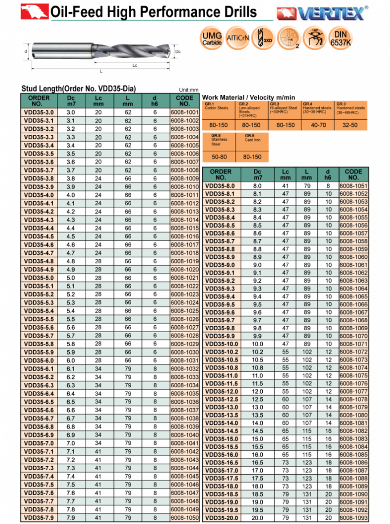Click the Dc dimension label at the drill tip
click(178, 51)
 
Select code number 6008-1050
click(185, 517)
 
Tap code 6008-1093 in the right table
click(353, 518)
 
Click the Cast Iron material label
click(253, 140)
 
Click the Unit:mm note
click(189, 90)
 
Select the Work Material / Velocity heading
click(248, 98)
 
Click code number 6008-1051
click(353, 186)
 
